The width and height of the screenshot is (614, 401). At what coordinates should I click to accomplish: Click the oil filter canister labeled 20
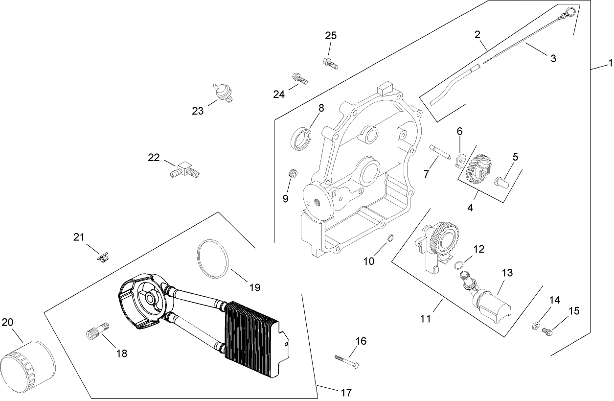27,362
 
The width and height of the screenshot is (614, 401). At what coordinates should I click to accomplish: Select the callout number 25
331,36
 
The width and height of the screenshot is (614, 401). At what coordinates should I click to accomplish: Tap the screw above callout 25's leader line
331,62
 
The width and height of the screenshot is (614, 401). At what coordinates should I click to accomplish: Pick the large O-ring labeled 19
213,259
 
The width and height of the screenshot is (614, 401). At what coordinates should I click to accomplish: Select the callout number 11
425,319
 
